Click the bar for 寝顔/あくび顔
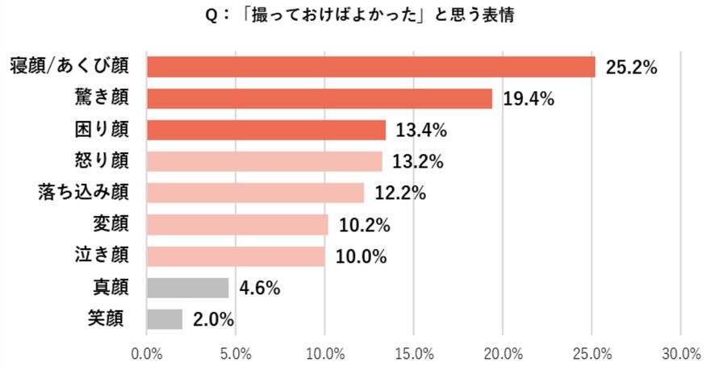tap(370, 67)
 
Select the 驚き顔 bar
tap(319, 98)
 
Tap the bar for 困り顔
tap(265, 130)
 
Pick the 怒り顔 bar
tap(264, 161)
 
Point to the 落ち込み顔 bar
tap(255, 193)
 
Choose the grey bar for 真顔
tap(187, 287)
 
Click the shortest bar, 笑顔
tap(165, 318)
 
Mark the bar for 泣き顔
tap(236, 256)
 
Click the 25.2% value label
tap(632, 68)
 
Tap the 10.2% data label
tap(364, 225)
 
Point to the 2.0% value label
tap(213, 319)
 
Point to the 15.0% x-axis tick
tap(413, 354)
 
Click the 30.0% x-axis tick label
tap(680, 354)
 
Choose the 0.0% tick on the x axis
tap(147, 354)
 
